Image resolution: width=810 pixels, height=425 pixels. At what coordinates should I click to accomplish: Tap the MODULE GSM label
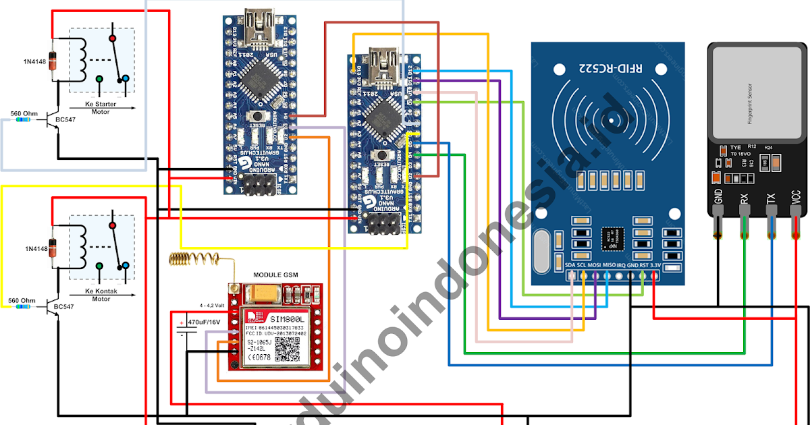point(275,275)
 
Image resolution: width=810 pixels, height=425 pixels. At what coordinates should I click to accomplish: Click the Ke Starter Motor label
point(101,108)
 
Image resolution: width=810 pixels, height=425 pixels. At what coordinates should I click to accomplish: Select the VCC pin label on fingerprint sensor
point(796,198)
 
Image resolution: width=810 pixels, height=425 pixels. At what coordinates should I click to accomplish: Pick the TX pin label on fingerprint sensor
point(771,198)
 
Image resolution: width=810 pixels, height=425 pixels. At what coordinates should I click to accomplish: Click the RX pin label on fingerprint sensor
point(745,198)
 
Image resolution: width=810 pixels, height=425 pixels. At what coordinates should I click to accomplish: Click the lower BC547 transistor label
point(64,306)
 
